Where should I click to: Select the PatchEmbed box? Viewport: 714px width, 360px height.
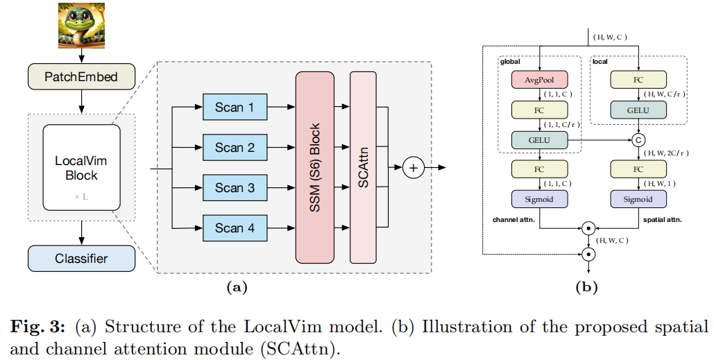(x=82, y=76)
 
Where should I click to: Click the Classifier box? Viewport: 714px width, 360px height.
(x=82, y=259)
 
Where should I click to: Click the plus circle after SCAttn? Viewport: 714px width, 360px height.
(x=414, y=167)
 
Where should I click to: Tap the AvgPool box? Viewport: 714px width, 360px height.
(x=539, y=79)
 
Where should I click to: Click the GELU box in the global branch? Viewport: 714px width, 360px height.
(x=539, y=139)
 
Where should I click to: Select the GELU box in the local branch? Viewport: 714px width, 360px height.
(x=638, y=110)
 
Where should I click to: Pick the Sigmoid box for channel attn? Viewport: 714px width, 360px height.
(x=539, y=199)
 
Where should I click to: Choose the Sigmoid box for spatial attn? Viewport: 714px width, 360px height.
(x=638, y=199)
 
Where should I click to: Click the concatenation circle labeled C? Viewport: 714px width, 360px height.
(x=638, y=140)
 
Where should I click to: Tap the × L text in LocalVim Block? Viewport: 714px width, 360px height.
(x=81, y=197)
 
